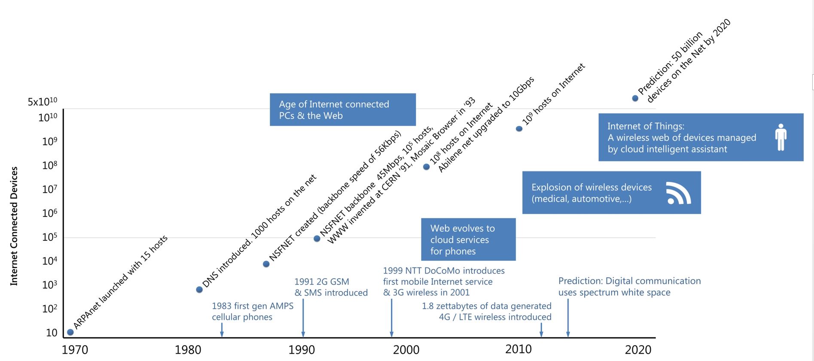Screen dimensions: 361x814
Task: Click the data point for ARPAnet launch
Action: coord(70,332)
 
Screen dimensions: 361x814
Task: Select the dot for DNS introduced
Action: coord(199,290)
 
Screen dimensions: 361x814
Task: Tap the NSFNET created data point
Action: coord(266,264)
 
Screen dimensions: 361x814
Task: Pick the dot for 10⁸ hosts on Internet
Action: coord(427,167)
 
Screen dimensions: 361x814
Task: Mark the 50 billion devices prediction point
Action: coord(635,98)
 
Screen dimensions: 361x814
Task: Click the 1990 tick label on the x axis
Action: coord(302,350)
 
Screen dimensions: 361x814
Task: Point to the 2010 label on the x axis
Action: coord(518,349)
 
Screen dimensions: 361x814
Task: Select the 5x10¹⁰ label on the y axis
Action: coord(42,102)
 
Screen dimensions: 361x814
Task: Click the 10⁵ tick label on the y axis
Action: coord(49,237)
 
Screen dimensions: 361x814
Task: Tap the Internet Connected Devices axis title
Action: coord(14,226)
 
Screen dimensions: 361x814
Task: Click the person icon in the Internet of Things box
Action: coord(781,137)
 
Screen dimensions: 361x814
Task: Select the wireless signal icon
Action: coord(678,193)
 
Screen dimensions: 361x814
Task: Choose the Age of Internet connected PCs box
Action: coord(342,109)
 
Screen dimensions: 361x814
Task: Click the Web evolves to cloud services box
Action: coord(467,240)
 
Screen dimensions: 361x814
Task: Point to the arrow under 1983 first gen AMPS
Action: coord(222,330)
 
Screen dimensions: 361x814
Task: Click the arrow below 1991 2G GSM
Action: coord(303,318)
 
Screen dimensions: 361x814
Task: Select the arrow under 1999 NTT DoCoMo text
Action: coord(392,318)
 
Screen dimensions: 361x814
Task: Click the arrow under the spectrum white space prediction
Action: coord(568,318)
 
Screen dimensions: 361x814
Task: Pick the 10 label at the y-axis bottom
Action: coord(52,333)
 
